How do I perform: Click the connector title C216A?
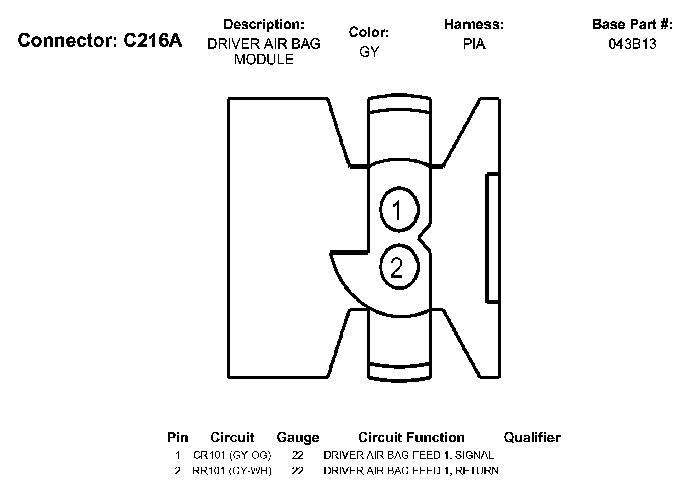click(100, 41)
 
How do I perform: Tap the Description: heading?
click(263, 24)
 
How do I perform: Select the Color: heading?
click(369, 32)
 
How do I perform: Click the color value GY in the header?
click(369, 52)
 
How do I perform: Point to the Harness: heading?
click(473, 24)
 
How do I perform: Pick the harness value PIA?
click(474, 44)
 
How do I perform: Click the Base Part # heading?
click(632, 24)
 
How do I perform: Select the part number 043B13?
click(633, 44)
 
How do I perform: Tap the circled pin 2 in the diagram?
click(398, 267)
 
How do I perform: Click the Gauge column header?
click(298, 438)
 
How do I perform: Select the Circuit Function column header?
click(411, 438)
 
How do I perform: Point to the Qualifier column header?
click(532, 438)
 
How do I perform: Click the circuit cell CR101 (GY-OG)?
click(232, 455)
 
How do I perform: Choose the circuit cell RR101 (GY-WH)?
click(232, 471)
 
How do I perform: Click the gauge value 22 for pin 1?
click(298, 455)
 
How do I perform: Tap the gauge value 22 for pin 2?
click(298, 471)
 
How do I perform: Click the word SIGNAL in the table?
click(474, 455)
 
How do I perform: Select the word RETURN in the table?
click(477, 471)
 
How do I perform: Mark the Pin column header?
click(177, 438)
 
